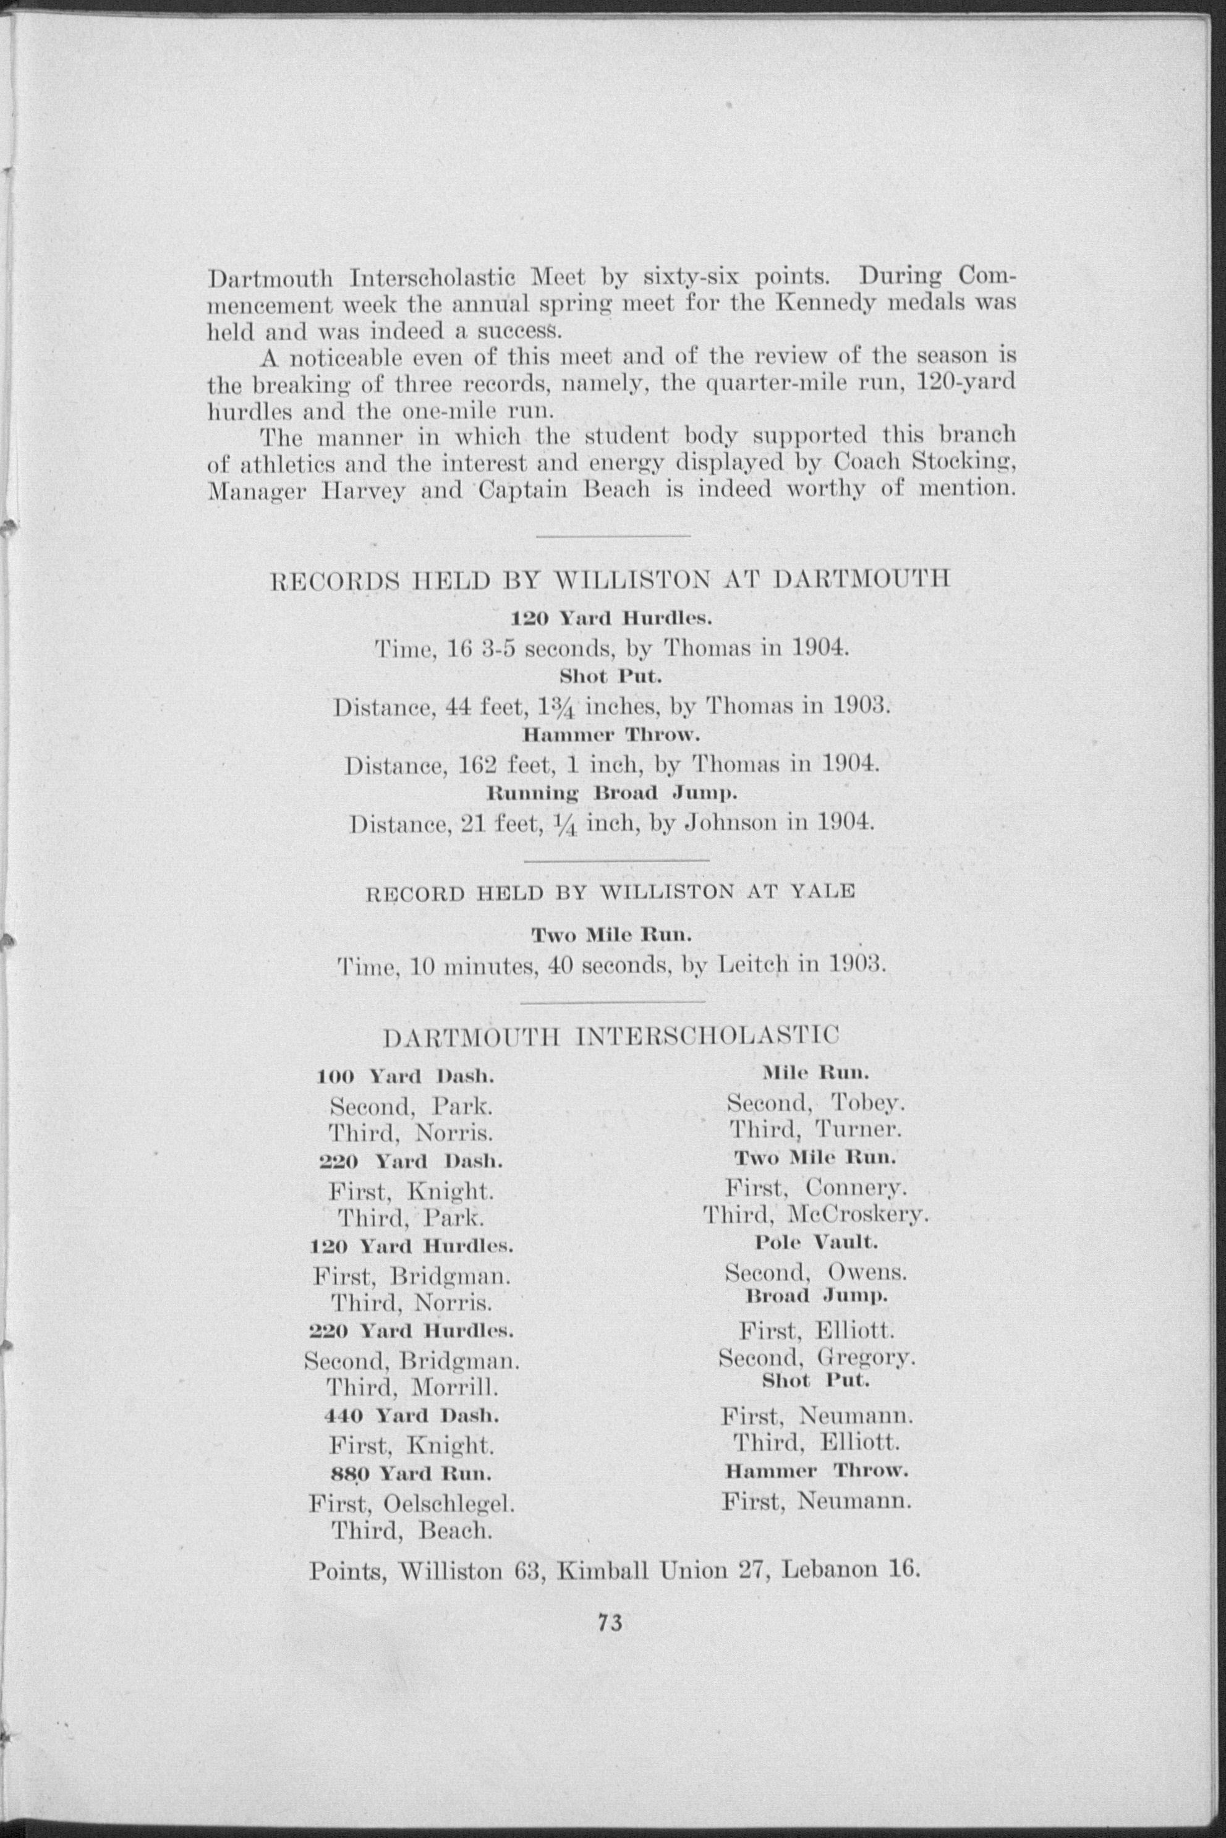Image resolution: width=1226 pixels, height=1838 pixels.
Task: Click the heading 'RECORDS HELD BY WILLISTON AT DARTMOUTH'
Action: click(x=609, y=581)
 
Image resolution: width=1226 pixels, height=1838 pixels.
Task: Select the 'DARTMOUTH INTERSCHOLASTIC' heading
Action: click(x=611, y=1037)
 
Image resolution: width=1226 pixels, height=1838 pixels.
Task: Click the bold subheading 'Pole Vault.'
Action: click(x=816, y=1242)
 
